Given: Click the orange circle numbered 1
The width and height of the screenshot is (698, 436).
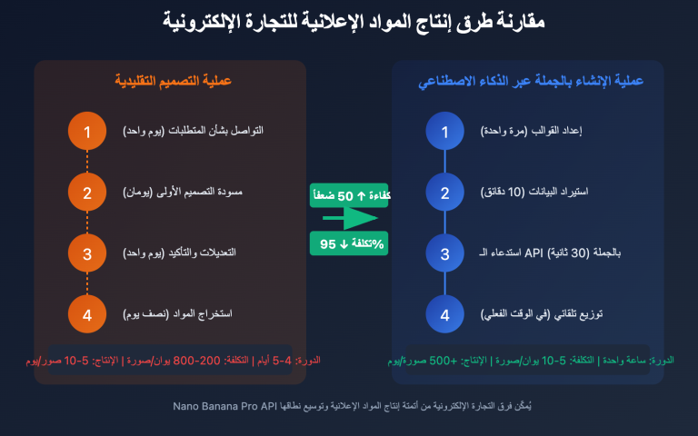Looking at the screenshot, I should click(87, 132).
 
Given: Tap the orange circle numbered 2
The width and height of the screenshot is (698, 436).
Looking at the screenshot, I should click(87, 193).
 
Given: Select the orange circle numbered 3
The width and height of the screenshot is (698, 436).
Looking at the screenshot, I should click(87, 253).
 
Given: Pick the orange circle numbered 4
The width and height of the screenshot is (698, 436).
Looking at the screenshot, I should click(87, 314).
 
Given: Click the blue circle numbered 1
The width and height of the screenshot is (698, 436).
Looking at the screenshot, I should click(444, 132).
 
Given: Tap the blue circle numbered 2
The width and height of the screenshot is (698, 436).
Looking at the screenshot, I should click(444, 193).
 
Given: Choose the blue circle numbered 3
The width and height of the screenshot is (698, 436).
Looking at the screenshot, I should click(444, 253).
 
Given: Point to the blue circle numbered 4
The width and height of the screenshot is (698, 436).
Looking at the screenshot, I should click(444, 314).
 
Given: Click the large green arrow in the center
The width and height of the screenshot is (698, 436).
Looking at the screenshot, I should click(349, 219).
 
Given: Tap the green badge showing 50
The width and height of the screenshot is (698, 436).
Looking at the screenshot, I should click(349, 195).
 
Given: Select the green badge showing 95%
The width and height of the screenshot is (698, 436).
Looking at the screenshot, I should click(349, 243).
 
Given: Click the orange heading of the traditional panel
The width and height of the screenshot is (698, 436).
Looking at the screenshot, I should click(173, 81).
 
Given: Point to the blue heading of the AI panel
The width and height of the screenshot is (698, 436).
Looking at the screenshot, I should click(530, 81).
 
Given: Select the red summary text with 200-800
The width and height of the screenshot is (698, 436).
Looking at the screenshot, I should click(171, 361).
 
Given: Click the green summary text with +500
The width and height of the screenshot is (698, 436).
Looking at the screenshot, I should click(528, 361).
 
